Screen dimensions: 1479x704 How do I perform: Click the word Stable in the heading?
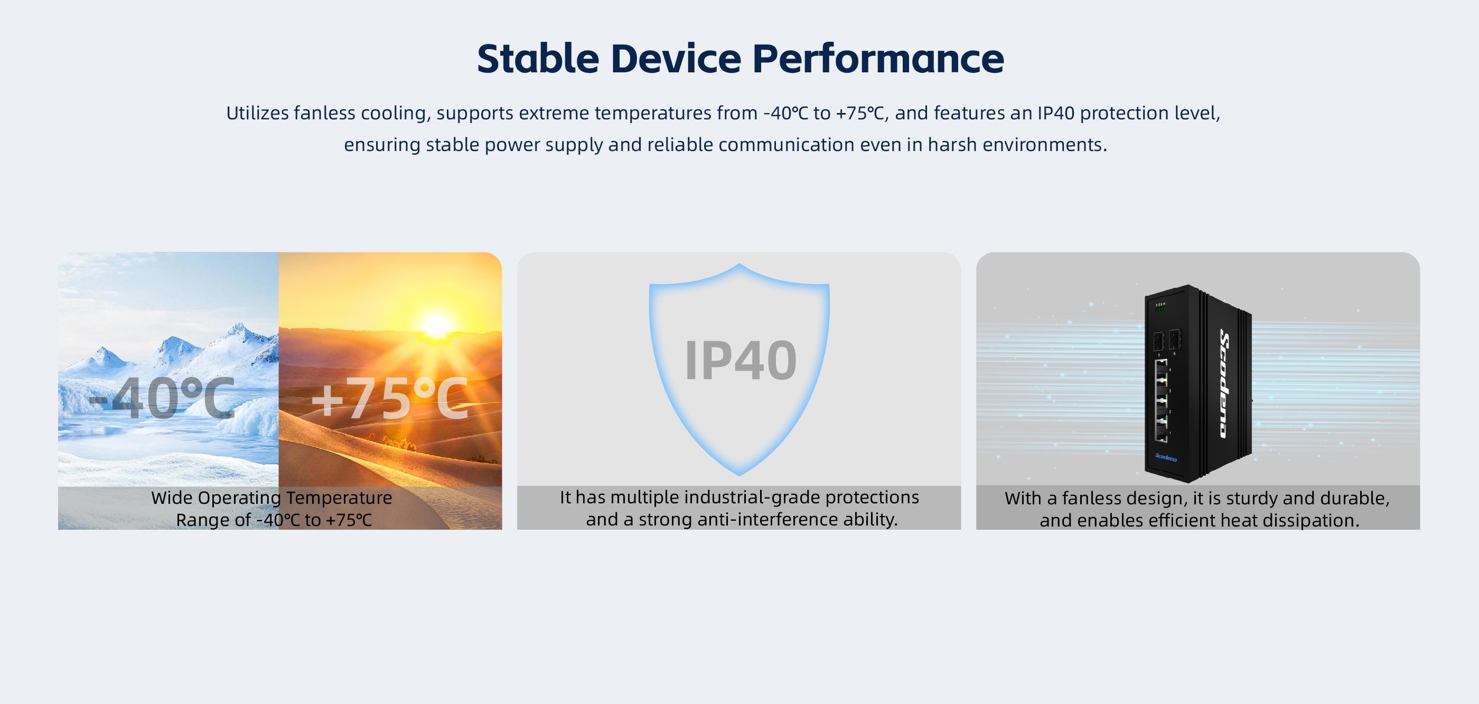point(538,59)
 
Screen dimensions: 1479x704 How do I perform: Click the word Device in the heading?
point(676,59)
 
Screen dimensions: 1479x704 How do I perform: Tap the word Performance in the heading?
point(878,59)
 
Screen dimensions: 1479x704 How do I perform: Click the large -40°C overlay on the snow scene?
point(162,398)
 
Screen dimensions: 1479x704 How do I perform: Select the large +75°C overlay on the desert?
point(390,398)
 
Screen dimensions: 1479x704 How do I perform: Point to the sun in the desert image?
point(436,326)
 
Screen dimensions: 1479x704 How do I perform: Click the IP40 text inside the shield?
point(740,360)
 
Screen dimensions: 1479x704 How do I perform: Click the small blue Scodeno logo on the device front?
point(1166,457)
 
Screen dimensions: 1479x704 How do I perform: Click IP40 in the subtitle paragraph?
point(1055,113)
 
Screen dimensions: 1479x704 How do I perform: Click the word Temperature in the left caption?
point(339,498)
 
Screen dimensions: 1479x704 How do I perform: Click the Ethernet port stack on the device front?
point(1162,400)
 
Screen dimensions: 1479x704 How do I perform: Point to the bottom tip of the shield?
point(739,475)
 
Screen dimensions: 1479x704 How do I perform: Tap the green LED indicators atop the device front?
point(1160,309)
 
